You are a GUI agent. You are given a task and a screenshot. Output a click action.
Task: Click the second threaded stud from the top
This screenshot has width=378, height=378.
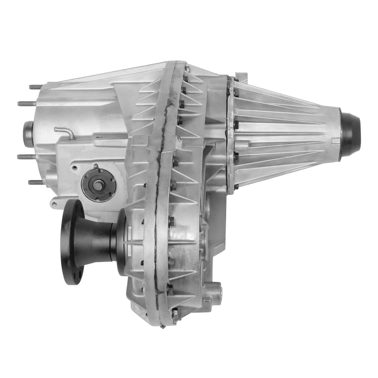click(27, 104)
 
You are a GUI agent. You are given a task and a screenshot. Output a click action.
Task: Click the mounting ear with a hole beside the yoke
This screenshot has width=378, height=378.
click(56, 204)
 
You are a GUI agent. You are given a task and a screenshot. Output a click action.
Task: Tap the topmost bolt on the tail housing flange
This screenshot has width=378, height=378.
click(235, 79)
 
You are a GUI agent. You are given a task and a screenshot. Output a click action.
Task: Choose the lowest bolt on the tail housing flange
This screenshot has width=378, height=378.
click(235, 187)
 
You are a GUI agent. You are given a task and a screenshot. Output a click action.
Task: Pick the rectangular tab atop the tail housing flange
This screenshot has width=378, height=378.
click(241, 77)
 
